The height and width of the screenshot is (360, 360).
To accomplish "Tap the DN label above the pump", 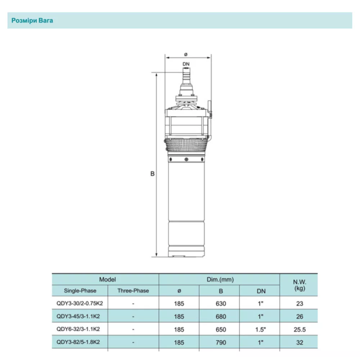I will (x=186, y=65).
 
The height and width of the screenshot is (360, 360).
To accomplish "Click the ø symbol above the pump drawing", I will (x=186, y=54).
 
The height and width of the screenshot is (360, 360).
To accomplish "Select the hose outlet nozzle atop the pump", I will (x=186, y=78).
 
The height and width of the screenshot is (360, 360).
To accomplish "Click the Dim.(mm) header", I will (x=220, y=279).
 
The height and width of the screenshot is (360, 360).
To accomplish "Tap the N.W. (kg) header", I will (x=299, y=285).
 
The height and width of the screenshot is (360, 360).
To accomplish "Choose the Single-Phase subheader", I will (x=80, y=291).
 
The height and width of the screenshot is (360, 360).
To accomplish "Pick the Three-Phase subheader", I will (x=133, y=291).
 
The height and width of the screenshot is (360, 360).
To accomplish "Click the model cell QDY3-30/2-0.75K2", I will (x=80, y=304).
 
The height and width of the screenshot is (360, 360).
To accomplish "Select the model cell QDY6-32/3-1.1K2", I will (x=80, y=329).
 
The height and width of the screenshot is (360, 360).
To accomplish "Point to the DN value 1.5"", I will (x=261, y=329).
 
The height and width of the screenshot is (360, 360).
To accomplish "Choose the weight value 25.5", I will (x=299, y=329).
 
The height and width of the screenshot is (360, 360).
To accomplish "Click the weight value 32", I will (x=299, y=342).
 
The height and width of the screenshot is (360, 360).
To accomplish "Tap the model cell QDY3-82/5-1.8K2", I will (x=80, y=342).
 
